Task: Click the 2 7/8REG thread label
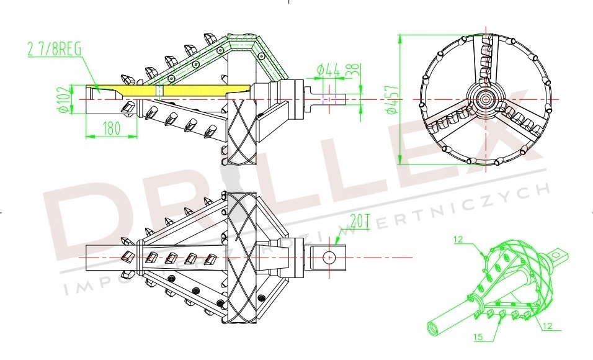(x=54, y=48)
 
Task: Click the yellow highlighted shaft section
(x=186, y=91)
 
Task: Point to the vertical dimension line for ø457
(x=398, y=99)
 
